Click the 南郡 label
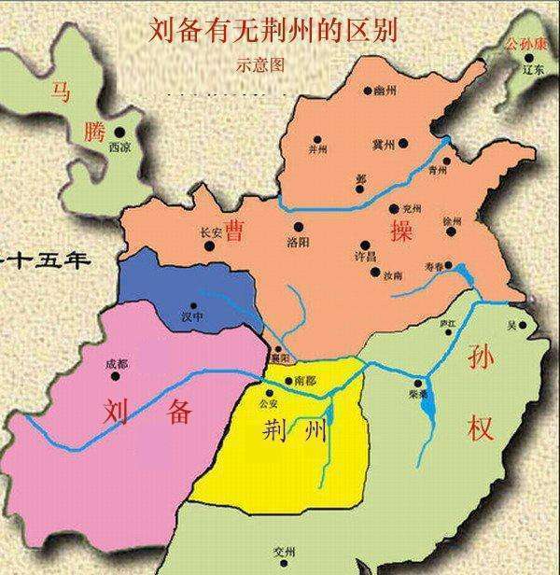pyautogui.click(x=304, y=381)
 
